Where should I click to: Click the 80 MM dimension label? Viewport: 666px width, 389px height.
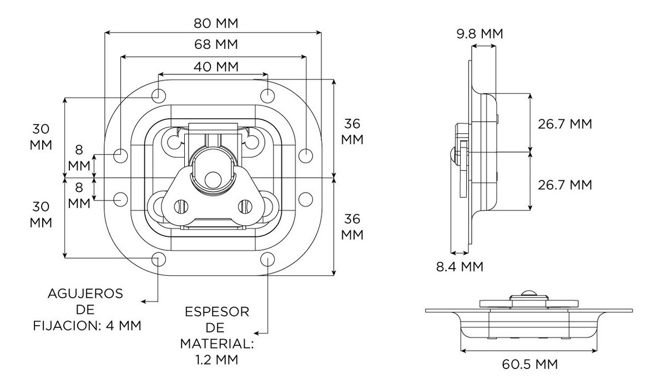pos(215,23)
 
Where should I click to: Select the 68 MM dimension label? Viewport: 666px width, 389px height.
pos(215,44)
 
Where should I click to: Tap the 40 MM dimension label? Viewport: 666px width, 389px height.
pos(215,67)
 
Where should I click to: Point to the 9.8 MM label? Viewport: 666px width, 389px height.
pos(480,34)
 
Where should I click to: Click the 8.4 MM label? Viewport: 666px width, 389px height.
pos(459,267)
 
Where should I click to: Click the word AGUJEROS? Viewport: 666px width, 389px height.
pos(85,293)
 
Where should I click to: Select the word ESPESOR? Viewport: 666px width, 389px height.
pos(217,312)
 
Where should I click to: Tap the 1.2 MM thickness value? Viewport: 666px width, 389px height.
pos(217,360)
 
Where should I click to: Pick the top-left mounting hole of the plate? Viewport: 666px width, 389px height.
pos(158,94)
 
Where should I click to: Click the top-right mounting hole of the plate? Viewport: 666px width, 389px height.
pos(268,94)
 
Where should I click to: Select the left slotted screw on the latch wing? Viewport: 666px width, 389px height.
pos(179,206)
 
